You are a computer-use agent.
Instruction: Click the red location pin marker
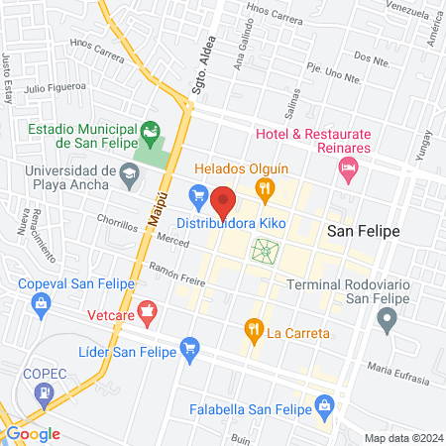point(224,201)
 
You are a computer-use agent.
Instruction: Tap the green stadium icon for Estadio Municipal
point(151,130)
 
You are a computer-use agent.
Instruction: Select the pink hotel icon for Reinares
point(348,171)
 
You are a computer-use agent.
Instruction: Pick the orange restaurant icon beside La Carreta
point(254,330)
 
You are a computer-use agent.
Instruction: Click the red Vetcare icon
point(148,314)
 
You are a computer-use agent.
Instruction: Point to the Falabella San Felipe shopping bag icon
point(323,404)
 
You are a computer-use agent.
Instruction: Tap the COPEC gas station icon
point(44,394)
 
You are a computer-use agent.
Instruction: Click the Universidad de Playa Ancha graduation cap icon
point(128,178)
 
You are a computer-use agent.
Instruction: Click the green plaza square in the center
point(265,251)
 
